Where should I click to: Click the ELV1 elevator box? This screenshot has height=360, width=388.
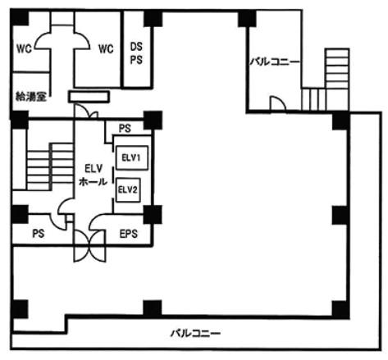coord(132,157)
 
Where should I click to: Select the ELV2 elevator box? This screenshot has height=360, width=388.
coord(128,190)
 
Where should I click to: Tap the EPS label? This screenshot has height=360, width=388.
coord(129,234)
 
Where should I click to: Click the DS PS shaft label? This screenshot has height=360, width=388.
coord(136,53)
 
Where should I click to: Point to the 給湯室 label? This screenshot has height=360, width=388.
coord(30,97)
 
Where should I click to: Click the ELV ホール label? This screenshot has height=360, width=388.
coord(93,175)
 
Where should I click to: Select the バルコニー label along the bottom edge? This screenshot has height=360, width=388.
coord(195,333)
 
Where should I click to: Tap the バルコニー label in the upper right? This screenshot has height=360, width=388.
coord(274,62)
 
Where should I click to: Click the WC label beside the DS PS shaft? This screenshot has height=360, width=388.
coord(106,49)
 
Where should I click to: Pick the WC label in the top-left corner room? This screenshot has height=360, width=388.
coord(24,49)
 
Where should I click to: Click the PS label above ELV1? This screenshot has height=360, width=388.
coord(125,129)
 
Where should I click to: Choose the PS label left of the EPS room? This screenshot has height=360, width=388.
coord(39,234)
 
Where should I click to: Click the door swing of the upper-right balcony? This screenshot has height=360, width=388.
coord(278,104)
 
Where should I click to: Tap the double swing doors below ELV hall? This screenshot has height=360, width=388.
coord(89,245)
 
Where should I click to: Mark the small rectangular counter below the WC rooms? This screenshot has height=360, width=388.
coord(89,97)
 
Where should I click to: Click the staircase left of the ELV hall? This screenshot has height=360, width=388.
coord(50,166)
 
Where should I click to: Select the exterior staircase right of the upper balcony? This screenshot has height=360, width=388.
coord(326,80)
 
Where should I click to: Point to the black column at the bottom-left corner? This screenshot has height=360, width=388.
coord(20,309)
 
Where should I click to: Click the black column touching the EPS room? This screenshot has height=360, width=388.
coord(153,215)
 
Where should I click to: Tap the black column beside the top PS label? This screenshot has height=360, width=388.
coord(153,120)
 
